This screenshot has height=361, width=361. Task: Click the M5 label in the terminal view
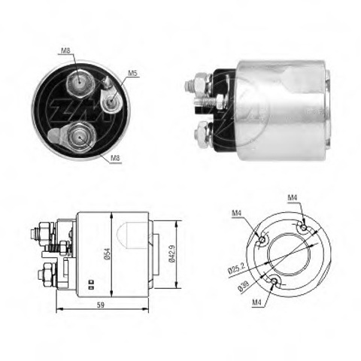tap(133, 73)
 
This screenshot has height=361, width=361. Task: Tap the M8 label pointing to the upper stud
tap(65, 51)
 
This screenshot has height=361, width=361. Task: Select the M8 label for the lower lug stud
tap(116, 158)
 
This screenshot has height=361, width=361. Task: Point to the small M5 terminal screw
tap(110, 101)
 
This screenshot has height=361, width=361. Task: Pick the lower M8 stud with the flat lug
tap(80, 137)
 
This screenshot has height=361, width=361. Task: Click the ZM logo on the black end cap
tap(80, 110)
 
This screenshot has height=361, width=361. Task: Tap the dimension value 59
tap(100, 305)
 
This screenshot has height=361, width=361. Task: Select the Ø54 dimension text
tap(107, 255)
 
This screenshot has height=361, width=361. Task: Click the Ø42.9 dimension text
tap(172, 253)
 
